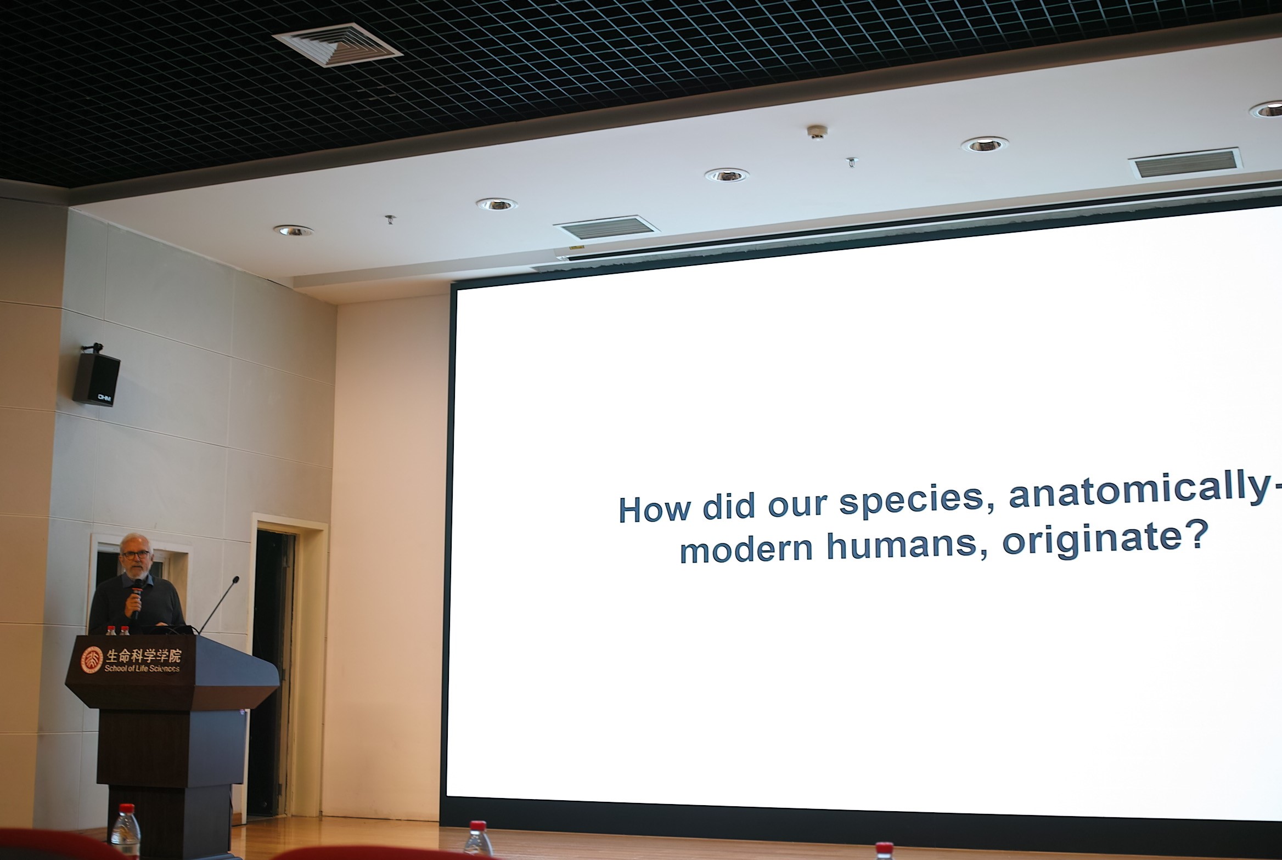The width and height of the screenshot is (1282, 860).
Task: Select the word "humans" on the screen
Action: pos(905,547)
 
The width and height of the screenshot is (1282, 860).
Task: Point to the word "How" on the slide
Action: pos(655,510)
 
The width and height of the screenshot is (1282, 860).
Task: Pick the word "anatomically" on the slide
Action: pos(1142,493)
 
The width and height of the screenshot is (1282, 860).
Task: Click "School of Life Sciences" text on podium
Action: pos(142,668)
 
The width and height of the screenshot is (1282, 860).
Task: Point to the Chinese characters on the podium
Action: pos(143,655)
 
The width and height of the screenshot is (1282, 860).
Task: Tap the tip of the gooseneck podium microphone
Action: pos(236,579)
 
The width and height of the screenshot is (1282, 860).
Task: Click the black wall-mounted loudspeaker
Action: pos(97,378)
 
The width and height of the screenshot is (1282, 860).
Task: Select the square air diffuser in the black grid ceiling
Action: pos(337,44)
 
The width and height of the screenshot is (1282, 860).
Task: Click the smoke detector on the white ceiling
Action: pos(817,132)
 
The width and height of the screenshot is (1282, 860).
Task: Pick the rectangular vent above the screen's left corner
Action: pos(606,228)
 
